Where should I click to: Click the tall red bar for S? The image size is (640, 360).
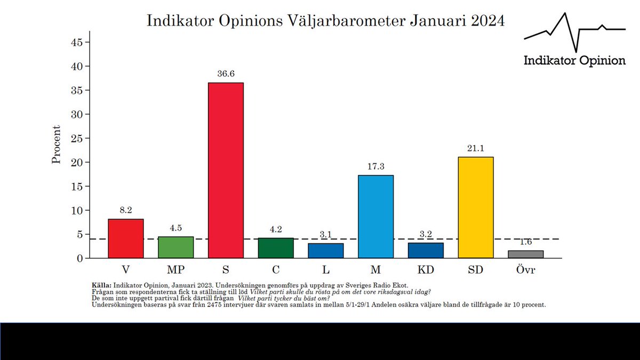pyautogui.click(x=226, y=171)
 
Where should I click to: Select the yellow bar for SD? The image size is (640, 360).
pyautogui.click(x=476, y=207)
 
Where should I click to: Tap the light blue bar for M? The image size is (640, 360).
pyautogui.click(x=376, y=217)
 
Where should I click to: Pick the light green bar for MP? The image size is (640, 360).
pyautogui.click(x=175, y=247)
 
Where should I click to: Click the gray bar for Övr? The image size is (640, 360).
pyautogui.click(x=526, y=254)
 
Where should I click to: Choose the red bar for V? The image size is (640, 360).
pyautogui.click(x=126, y=238)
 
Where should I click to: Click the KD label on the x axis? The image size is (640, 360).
pyautogui.click(x=426, y=270)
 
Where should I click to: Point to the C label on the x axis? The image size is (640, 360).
pyautogui.click(x=276, y=270)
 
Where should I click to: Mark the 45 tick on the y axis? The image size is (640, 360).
pyautogui.click(x=77, y=42)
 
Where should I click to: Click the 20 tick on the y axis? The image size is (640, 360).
pyautogui.click(x=77, y=162)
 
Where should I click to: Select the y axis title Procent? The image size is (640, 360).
pyautogui.click(x=57, y=145)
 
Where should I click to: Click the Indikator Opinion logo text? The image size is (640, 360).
pyautogui.click(x=574, y=60)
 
